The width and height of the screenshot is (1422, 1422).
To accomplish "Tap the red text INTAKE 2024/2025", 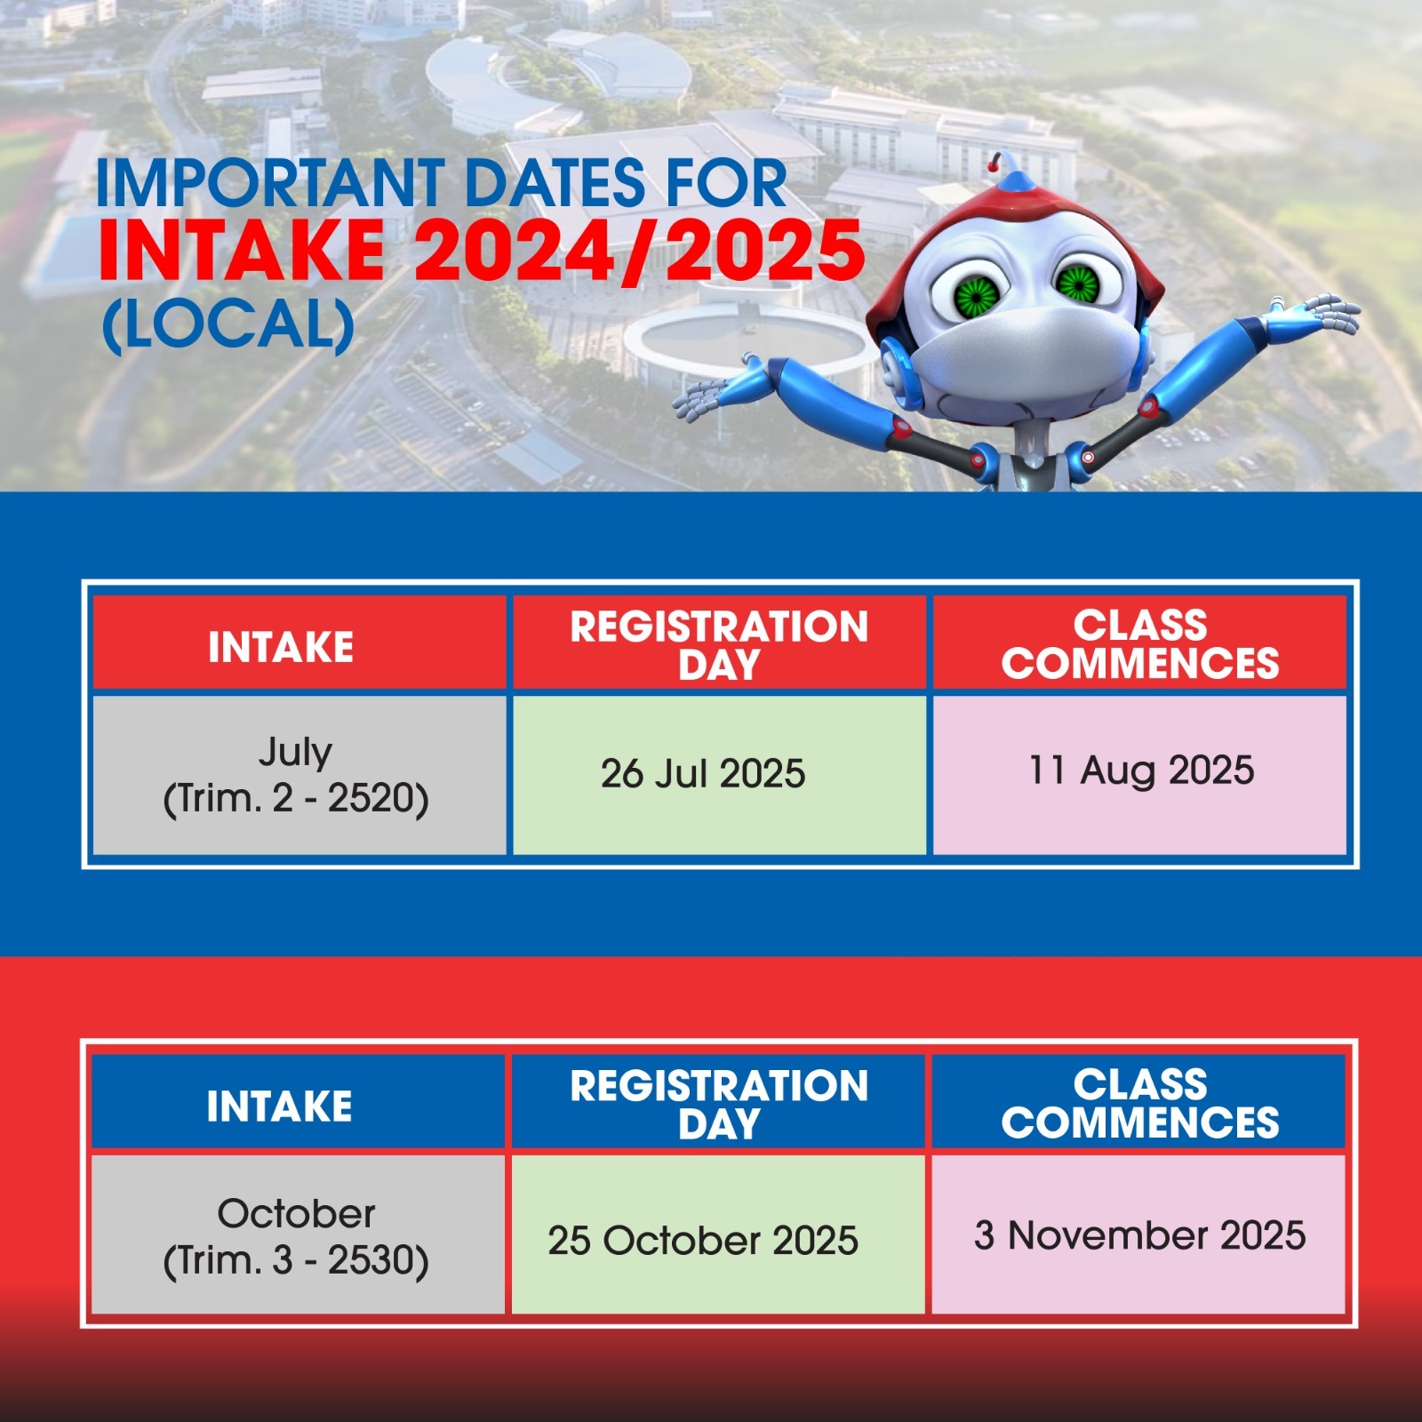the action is tap(481, 252).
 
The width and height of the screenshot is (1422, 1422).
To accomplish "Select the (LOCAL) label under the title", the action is tap(229, 324).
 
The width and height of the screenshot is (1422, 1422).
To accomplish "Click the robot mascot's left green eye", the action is tap(976, 291).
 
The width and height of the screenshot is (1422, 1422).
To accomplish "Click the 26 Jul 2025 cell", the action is tap(719, 774).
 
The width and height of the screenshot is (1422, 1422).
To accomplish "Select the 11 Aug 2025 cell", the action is tap(1139, 774).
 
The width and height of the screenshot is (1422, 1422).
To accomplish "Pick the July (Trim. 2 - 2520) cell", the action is tap(300, 774).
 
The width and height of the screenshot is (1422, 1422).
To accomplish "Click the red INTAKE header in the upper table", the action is tap(300, 643).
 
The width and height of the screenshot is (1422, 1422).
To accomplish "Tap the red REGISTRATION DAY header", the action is tap(719, 643).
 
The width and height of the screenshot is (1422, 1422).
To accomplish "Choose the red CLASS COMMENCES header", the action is tap(1139, 643).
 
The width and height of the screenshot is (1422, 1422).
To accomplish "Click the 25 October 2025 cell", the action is tap(718, 1234).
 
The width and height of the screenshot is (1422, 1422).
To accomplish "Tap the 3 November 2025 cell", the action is tap(1138, 1234).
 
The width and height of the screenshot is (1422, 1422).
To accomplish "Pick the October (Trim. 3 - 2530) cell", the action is tap(298, 1234).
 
